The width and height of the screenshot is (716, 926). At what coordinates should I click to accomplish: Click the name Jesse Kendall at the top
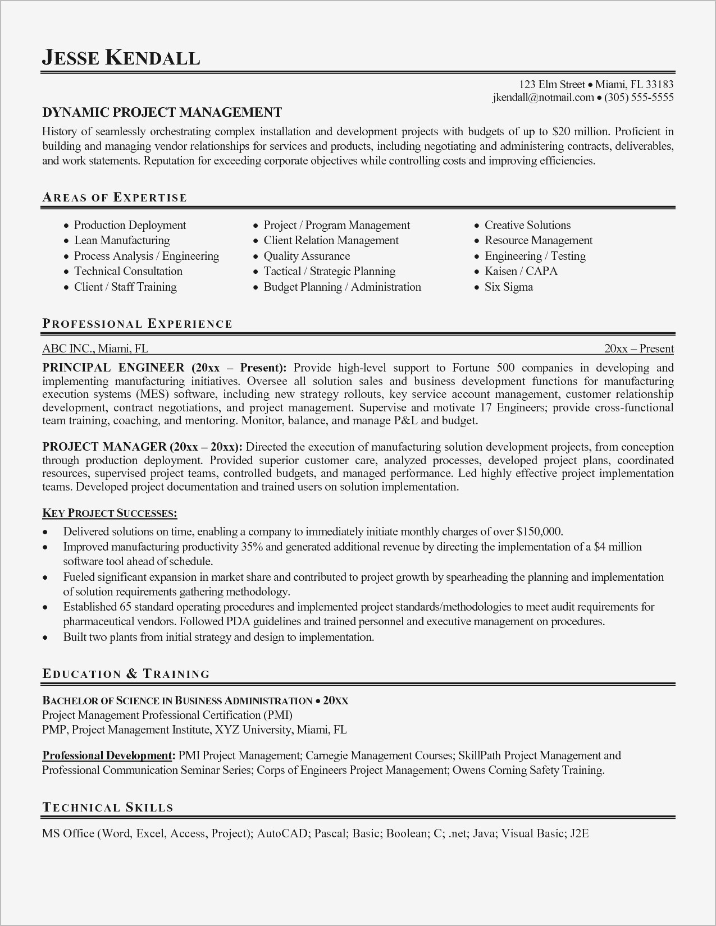[121, 58]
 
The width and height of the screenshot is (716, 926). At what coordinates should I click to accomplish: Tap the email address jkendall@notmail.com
[542, 98]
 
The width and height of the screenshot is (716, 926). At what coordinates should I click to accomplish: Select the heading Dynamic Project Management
[162, 112]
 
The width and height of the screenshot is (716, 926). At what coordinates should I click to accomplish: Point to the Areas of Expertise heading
[115, 198]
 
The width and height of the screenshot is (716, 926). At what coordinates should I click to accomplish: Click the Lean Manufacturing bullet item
[122, 240]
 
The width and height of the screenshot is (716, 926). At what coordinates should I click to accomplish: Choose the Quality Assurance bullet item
[307, 256]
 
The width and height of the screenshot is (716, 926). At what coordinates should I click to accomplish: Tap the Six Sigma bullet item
[509, 287]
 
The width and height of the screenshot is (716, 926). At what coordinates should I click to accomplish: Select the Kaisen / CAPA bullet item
[521, 271]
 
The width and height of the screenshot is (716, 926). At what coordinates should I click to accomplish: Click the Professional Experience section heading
[137, 324]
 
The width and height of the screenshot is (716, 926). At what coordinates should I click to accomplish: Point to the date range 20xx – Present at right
[639, 349]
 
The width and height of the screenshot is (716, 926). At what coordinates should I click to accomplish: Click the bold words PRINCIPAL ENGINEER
[113, 368]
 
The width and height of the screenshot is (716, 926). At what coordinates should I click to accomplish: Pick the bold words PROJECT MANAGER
[104, 447]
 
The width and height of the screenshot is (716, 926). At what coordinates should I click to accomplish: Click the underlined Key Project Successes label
[110, 513]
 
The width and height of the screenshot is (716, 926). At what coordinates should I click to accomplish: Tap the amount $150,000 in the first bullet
[539, 531]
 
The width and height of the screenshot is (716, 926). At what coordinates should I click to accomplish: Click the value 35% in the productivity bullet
[252, 547]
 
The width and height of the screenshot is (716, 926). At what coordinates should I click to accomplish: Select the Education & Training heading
[126, 674]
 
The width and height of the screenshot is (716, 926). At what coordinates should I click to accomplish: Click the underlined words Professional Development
[107, 755]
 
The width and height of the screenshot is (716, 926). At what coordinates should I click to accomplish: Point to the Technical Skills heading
[107, 808]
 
